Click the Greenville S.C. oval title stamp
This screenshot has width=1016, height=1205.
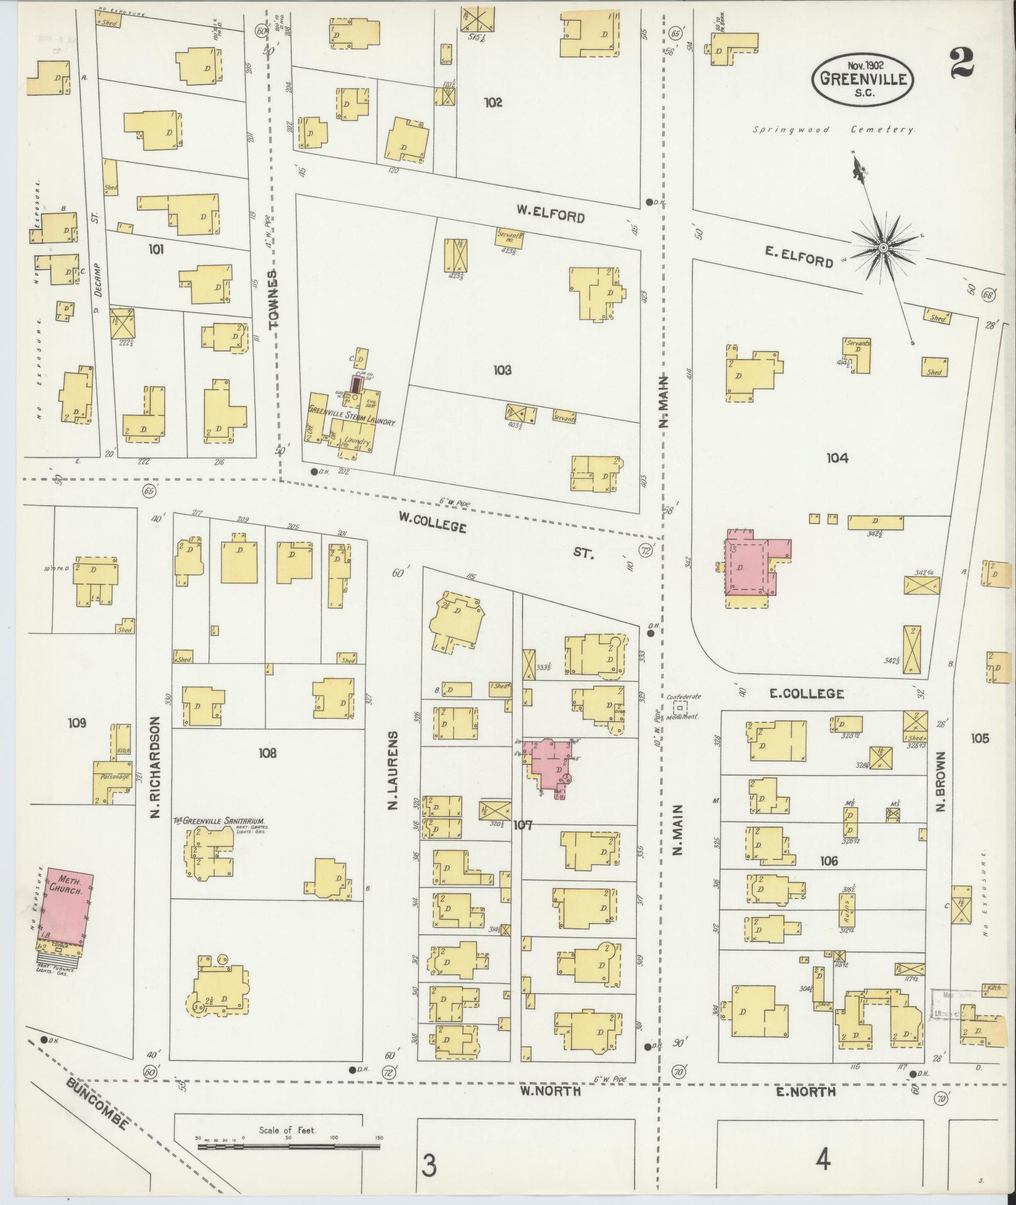[x=862, y=79]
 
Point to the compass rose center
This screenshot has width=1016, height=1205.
[x=883, y=249]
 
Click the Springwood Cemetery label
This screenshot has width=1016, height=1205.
[x=833, y=129]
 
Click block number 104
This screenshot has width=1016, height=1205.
[x=837, y=458]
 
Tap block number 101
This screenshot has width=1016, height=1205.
[x=156, y=249]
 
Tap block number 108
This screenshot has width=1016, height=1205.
[x=267, y=752]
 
